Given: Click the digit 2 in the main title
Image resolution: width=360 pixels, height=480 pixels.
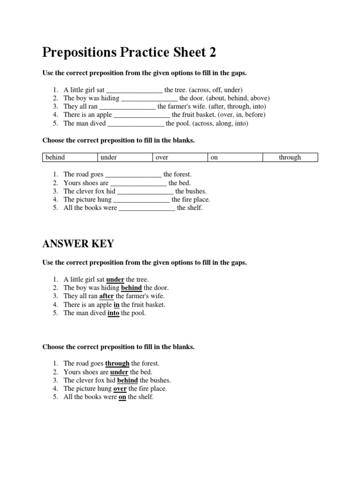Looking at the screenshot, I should coord(212,52).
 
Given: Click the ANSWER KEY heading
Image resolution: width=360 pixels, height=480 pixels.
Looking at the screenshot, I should coord(78,244).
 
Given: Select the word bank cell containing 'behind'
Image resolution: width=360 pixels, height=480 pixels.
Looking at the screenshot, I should coord(70,157).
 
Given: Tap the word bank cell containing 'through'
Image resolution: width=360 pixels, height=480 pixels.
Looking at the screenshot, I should coord(290,157).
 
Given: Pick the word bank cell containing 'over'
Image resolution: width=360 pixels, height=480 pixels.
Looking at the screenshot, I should coord(180,157).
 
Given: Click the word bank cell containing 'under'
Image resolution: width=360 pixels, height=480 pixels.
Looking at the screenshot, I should coord(125,157).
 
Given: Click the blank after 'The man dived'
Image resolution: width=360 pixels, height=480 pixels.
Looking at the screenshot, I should coord(135,124).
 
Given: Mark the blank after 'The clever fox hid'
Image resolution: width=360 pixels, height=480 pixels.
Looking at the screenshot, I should coord(145,191).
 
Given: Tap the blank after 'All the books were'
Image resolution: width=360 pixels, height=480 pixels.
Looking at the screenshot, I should coord(147,208).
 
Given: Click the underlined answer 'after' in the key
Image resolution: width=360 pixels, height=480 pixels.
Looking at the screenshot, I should coord(106,296).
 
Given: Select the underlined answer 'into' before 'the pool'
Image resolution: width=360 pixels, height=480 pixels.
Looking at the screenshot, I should coord(113,313).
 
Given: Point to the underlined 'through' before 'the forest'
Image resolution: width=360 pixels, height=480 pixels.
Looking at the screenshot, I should coord(117,363).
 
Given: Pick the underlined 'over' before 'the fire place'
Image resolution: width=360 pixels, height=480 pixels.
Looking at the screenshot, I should coord(120,389).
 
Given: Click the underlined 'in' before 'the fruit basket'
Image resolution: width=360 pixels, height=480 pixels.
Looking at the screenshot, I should coord(117,305).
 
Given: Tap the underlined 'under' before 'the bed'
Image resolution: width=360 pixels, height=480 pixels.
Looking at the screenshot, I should coord(119,372).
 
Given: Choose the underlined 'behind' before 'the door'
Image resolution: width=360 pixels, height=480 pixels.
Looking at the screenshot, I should coord(131,288).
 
